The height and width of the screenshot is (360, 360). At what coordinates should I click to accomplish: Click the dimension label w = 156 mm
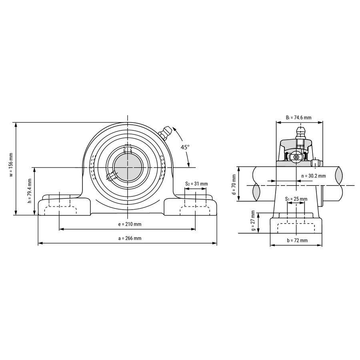click(11, 165)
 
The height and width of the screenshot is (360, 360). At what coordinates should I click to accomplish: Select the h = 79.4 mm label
click(29, 190)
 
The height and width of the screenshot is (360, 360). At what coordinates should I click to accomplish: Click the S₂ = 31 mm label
click(196, 184)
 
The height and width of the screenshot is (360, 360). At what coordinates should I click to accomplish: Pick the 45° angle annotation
click(184, 147)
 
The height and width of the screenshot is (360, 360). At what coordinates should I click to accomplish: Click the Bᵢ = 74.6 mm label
click(298, 118)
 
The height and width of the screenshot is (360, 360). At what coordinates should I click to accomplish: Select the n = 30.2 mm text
click(313, 176)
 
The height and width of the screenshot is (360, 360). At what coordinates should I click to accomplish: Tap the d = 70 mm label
click(234, 184)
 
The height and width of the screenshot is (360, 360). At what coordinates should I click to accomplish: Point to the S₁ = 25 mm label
click(296, 199)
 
